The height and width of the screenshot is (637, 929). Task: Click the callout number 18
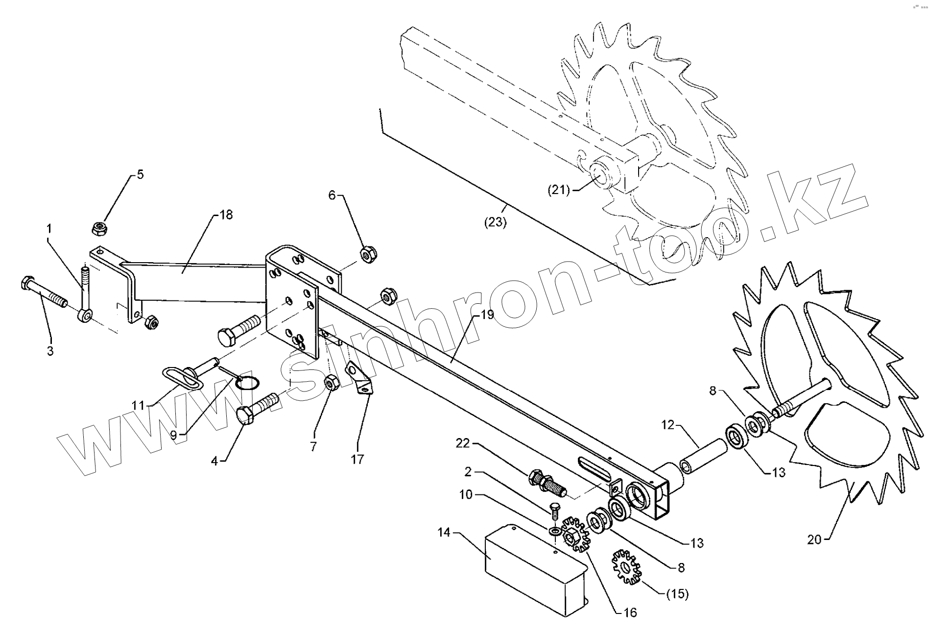coord(226,215)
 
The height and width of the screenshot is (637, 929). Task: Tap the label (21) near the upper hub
coord(558,190)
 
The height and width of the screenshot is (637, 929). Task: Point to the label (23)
coord(496,222)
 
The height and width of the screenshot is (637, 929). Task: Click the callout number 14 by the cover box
coord(444,532)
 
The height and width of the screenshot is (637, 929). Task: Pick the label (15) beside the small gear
coord(678,594)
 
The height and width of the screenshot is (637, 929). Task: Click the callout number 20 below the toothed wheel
coord(814,539)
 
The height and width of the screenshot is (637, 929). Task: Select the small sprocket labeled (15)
coord(626,567)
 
